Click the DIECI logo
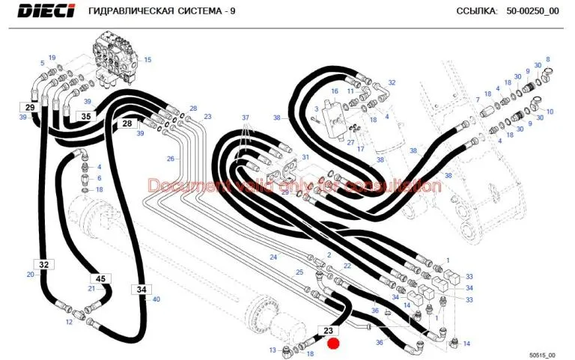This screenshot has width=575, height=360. (46, 10)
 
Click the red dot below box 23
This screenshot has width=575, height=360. (333, 344)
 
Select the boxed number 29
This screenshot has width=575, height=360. (30, 108)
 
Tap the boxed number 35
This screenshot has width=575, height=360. (86, 116)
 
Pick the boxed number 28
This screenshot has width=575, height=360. (127, 123)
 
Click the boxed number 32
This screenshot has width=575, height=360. (43, 264)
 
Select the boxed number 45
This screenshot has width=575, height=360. (100, 278)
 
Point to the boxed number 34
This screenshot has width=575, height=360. (142, 289)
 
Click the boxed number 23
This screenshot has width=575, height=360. (328, 331)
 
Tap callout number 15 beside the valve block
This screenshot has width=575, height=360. (147, 60)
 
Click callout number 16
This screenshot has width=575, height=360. (335, 91)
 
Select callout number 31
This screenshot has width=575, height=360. (305, 157)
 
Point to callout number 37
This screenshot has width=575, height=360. (246, 118)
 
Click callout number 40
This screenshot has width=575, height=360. (156, 299)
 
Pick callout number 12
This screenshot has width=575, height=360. (69, 322)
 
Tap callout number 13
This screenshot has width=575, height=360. (272, 350)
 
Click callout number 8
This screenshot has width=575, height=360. (548, 59)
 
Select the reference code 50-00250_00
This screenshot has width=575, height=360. (533, 11)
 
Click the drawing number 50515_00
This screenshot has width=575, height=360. (542, 355)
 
